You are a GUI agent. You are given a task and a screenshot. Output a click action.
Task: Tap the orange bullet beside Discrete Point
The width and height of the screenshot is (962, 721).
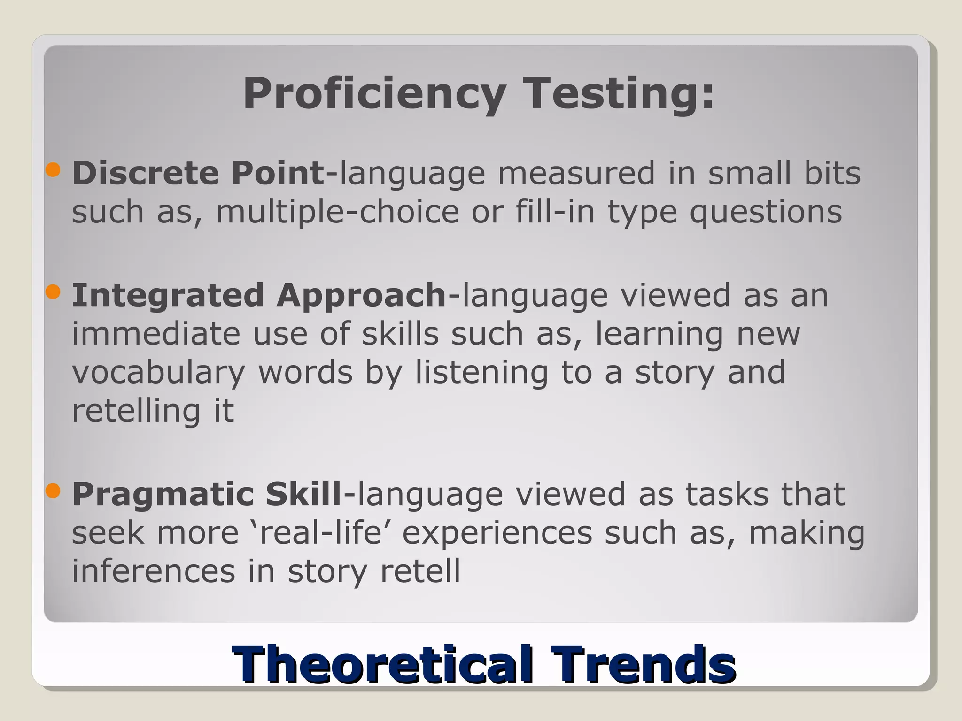(x=54, y=170)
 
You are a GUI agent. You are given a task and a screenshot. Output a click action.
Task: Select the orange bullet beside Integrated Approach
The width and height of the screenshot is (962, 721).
(x=54, y=292)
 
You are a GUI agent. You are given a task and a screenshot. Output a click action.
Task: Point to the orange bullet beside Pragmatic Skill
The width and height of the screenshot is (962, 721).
(x=54, y=491)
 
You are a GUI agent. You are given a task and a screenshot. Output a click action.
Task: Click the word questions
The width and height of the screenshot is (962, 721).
(x=766, y=212)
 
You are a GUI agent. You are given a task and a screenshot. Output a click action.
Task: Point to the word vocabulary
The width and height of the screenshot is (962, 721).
(x=158, y=372)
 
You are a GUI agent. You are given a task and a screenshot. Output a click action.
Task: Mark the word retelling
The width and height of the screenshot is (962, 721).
(x=136, y=411)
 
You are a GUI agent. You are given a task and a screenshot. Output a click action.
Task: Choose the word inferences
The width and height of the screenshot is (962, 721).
(x=153, y=571)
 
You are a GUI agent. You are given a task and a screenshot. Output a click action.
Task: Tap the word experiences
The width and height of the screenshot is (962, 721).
(x=497, y=534)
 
